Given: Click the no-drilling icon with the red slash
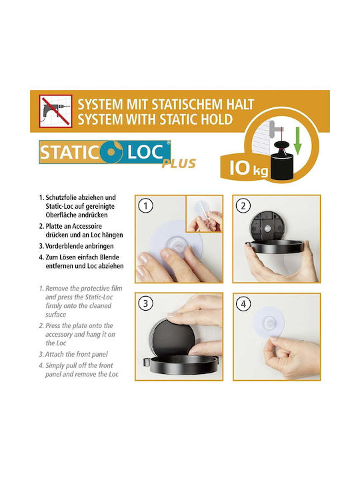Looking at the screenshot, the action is [56, 111].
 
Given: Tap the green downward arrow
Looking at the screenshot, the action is [297, 141].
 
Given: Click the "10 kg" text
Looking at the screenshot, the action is [248, 169].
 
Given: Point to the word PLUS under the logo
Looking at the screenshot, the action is [179, 164].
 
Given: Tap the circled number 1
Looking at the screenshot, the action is [145, 206].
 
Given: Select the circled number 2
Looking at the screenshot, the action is [243, 206].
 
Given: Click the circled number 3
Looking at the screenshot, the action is [145, 304].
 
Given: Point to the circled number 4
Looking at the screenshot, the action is [243, 304].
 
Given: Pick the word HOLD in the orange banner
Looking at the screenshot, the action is [217, 119].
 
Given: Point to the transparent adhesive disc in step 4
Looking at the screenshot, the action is [269, 323].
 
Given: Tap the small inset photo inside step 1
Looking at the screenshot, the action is [204, 214].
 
